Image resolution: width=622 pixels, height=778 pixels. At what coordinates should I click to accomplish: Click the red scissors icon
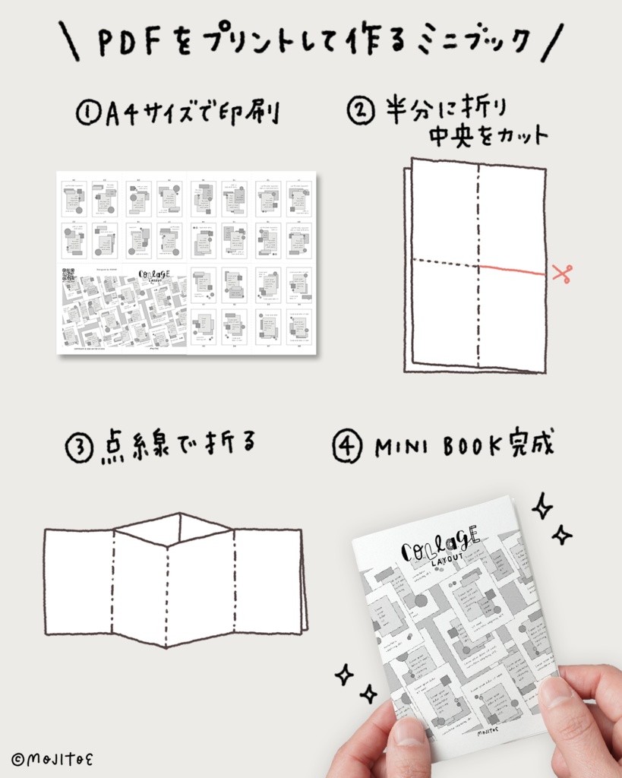tap(561, 273)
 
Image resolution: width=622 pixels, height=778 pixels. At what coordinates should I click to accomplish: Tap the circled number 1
tap(86, 115)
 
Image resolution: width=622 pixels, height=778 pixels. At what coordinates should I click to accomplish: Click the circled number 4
tap(347, 448)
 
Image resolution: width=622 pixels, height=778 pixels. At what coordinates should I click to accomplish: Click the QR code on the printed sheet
tap(68, 274)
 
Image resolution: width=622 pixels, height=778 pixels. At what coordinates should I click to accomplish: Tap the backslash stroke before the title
tap(70, 43)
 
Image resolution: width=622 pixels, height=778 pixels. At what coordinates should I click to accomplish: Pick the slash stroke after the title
tap(554, 43)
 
